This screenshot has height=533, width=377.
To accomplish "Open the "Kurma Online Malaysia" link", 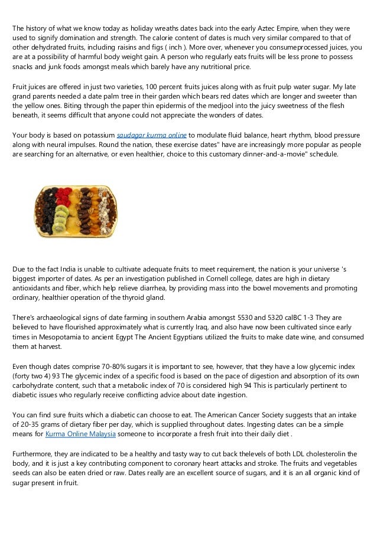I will point(80,435).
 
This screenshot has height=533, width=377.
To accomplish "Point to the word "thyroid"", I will point(139,299).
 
